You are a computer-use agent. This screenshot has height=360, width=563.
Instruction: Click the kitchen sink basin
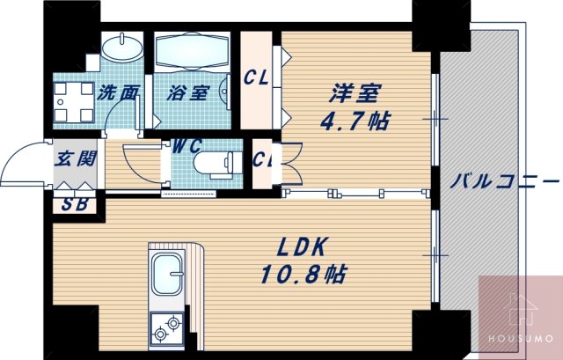tap(165, 274)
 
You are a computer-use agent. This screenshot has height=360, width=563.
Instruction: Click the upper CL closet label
tap(256, 79)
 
